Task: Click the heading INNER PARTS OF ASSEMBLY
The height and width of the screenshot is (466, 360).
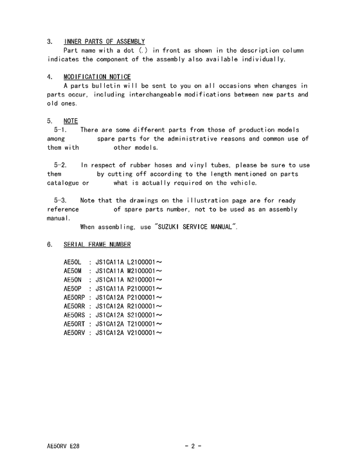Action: click(104, 42)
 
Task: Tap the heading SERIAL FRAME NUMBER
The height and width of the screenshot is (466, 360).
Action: click(97, 245)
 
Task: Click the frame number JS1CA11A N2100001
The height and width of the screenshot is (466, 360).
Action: click(128, 280)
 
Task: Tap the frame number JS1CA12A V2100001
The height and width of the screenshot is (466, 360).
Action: click(128, 332)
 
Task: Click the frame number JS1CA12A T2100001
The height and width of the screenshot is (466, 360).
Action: click(128, 323)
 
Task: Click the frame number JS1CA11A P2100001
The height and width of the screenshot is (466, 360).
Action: click(128, 289)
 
